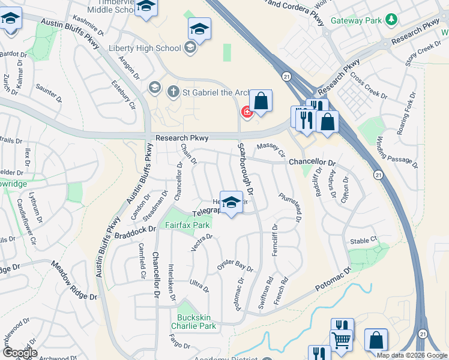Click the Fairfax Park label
[187, 225]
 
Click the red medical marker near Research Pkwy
[246, 112]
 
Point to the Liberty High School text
[144, 48]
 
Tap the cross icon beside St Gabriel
[173, 92]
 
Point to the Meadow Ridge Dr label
[74, 280]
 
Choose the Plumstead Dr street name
[289, 206]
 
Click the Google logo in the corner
[20, 352]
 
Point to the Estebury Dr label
[124, 95]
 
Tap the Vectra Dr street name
[201, 242]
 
